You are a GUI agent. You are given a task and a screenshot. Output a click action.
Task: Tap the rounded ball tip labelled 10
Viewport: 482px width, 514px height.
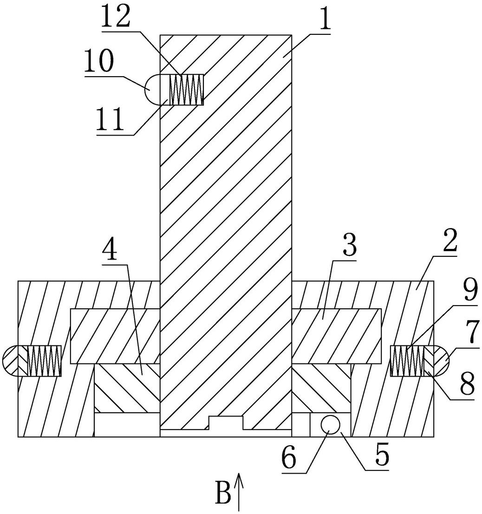[x=155, y=90]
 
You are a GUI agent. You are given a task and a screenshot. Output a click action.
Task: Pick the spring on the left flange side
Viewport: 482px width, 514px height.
[x=45, y=361]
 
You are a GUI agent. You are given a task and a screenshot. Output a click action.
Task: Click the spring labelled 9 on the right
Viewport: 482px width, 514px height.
[x=408, y=361]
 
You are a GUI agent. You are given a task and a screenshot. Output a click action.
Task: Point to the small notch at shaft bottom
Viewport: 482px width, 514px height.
[x=226, y=423]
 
